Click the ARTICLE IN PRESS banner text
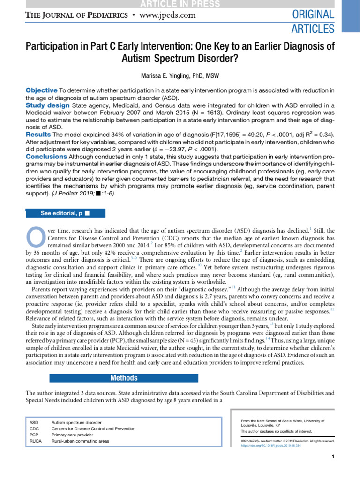(x=180, y=4)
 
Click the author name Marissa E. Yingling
(x=180, y=76)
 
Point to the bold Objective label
(x=41, y=90)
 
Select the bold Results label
(x=39, y=135)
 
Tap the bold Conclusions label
(x=46, y=157)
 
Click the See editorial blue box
(x=65, y=213)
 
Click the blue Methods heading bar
(x=124, y=378)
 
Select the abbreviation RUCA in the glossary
(x=36, y=441)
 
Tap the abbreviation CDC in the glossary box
(x=34, y=429)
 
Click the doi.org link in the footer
(x=270, y=446)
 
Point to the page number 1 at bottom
(x=332, y=457)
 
